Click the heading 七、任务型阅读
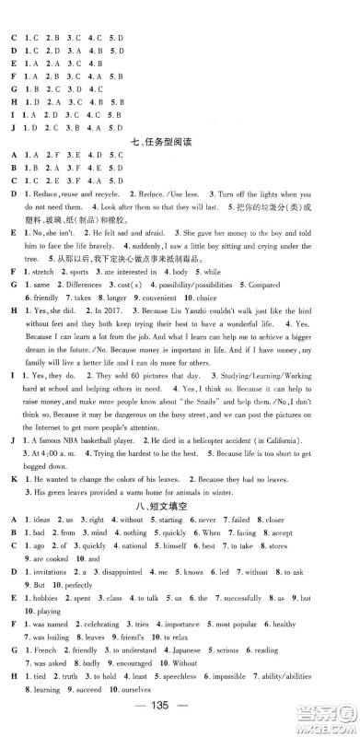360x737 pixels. pyautogui.click(x=180, y=142)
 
